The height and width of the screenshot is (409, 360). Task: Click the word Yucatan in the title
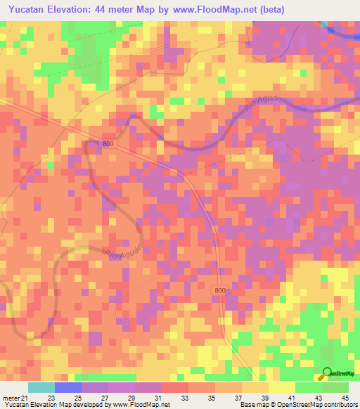click(29, 11)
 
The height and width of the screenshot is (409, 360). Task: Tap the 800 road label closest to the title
click(107, 143)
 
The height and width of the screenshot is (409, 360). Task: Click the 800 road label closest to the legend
click(219, 291)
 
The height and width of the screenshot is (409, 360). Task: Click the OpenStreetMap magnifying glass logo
click(328, 373)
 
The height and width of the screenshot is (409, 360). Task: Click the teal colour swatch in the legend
click(41, 387)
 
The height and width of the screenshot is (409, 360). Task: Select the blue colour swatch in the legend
click(67, 387)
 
